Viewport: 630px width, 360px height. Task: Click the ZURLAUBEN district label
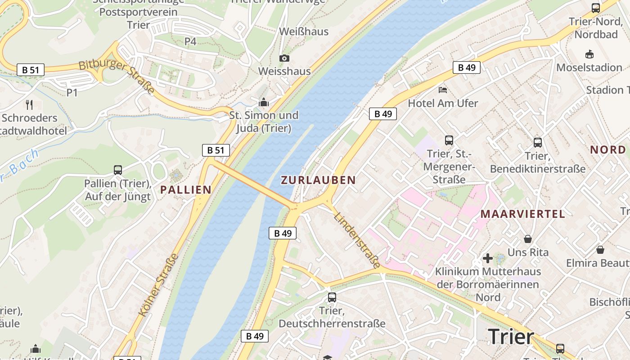(x=318, y=180)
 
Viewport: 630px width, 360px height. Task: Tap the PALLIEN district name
(x=186, y=190)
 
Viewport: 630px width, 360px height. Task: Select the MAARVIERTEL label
(x=522, y=214)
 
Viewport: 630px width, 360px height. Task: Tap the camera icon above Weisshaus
(x=284, y=58)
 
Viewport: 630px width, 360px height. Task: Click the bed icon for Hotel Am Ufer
(x=443, y=90)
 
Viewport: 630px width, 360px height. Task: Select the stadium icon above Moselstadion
(x=589, y=54)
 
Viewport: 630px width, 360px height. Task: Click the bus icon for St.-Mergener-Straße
(x=449, y=140)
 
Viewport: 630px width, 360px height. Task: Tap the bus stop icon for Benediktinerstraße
(x=537, y=143)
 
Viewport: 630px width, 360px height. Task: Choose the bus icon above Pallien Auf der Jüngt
(x=117, y=170)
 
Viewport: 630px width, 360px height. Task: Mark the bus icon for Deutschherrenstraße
(x=332, y=297)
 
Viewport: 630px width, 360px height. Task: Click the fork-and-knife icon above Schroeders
(x=30, y=105)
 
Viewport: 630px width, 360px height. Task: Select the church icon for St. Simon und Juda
(x=264, y=103)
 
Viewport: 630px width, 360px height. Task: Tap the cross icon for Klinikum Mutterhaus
(x=487, y=258)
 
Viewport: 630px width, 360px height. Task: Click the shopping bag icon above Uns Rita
(x=528, y=238)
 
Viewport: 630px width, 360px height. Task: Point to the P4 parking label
(x=190, y=42)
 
